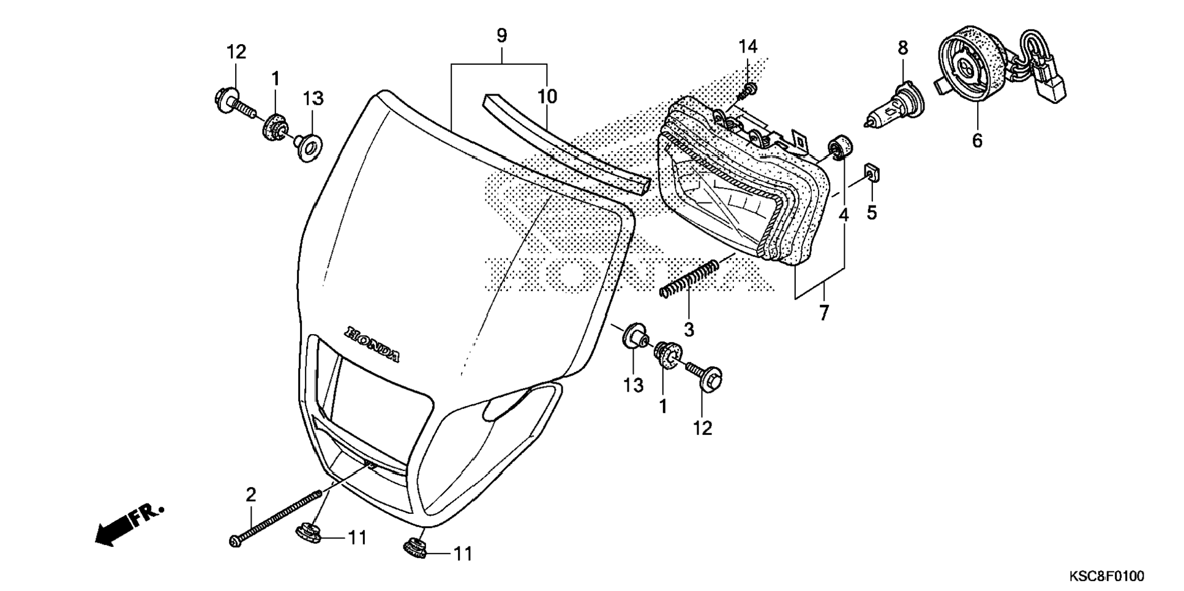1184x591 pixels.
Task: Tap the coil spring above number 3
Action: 689,280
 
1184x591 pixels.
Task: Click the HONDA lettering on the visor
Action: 372,344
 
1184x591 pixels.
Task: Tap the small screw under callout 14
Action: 747,92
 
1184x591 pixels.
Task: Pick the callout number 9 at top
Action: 501,35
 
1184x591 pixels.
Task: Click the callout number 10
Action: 547,96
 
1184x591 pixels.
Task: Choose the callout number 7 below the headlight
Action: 824,313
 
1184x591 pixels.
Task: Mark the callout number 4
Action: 844,215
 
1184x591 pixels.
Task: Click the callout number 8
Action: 903,48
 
